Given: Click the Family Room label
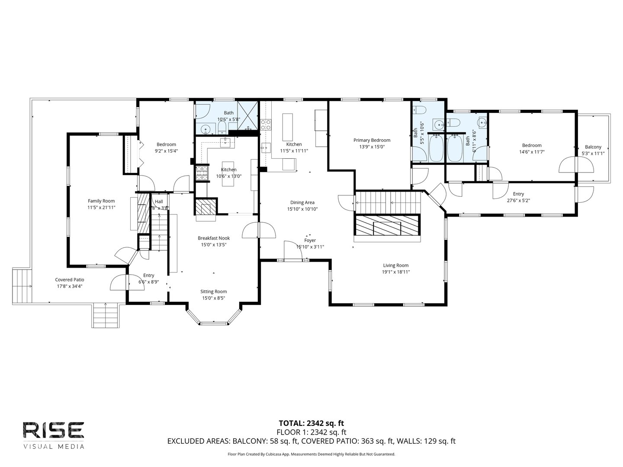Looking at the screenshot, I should [x=101, y=201].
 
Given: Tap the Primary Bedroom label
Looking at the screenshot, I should [x=372, y=140].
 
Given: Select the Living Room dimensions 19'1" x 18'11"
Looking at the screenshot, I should [x=395, y=272].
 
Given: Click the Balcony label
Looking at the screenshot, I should [x=593, y=147].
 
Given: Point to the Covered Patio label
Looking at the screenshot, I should [x=69, y=280].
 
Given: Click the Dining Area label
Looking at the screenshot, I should [x=302, y=202].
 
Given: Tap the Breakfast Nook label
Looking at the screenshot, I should [x=214, y=238].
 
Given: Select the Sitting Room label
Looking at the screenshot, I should [x=213, y=291].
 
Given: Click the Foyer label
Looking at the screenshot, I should [x=310, y=240].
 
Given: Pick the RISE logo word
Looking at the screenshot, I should [x=53, y=430].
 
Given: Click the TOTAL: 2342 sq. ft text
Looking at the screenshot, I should [x=311, y=423].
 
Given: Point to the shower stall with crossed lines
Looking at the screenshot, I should [x=247, y=116].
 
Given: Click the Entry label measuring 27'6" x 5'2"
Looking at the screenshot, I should [x=518, y=194].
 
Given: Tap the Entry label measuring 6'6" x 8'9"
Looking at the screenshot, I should [x=148, y=275].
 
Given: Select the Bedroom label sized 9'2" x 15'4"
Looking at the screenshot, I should [x=166, y=144].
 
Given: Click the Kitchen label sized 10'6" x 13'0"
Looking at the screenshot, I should [x=229, y=170].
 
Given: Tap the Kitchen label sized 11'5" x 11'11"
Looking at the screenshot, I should [x=294, y=144].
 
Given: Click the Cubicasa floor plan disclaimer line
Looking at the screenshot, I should [x=311, y=454].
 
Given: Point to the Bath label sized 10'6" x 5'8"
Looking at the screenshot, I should [x=228, y=113].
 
